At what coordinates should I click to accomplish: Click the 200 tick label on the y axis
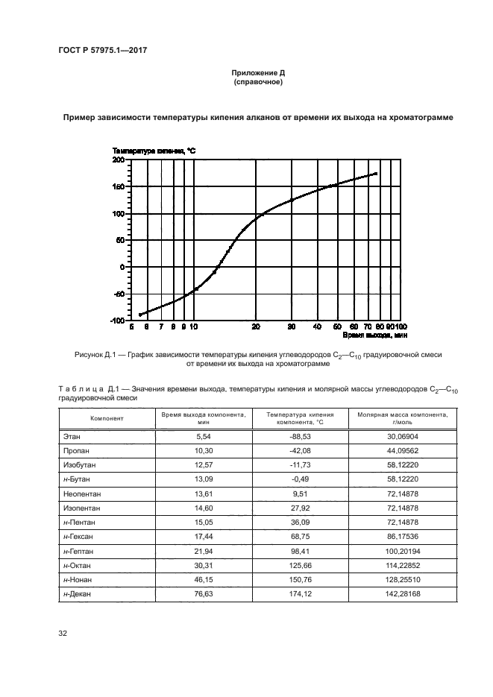point(118,160)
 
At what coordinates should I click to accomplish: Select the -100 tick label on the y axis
point(116,321)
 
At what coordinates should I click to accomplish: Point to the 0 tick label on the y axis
point(122,267)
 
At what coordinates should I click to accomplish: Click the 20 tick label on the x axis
point(256,327)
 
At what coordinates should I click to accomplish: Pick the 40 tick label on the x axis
point(317,327)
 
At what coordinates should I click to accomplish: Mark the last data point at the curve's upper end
point(377,174)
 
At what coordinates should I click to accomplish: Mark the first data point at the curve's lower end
point(139,315)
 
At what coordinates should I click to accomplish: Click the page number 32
point(63,634)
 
